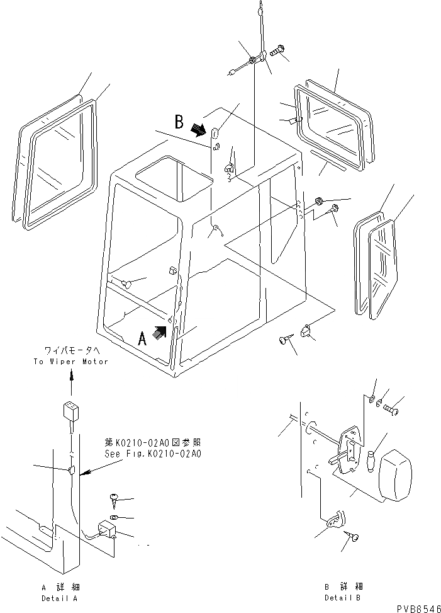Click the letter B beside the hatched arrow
point(179,121)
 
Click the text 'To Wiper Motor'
point(71,362)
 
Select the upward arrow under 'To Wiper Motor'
point(71,377)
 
